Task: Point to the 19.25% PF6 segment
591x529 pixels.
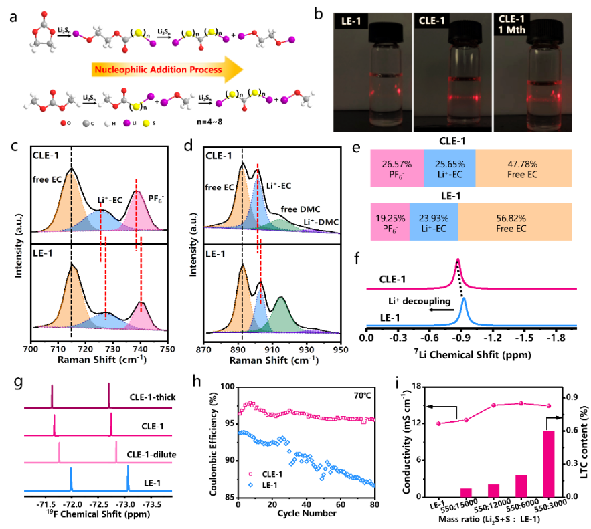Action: tap(389, 223)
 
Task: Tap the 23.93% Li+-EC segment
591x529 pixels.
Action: tap(432, 223)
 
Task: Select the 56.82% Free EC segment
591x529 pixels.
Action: tap(515, 223)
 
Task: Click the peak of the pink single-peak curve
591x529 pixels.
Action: tap(458, 260)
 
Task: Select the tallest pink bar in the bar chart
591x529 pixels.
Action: tap(549, 463)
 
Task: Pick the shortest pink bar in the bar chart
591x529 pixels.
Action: tap(466, 492)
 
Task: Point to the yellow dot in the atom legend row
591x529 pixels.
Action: tap(147, 123)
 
